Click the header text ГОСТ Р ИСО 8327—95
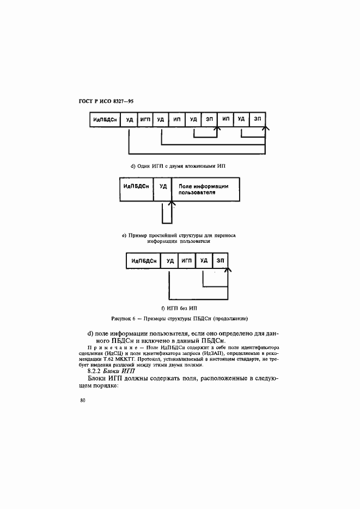[106, 101]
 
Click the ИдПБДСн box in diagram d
[105, 119]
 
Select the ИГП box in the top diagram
[145, 119]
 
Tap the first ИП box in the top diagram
[177, 119]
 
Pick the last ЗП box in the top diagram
[258, 119]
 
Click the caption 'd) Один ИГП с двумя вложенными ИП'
[178, 166]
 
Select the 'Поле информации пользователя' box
[206, 189]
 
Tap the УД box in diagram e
[163, 189]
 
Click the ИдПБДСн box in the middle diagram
[137, 189]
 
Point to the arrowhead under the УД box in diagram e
[172, 204]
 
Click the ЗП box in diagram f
[221, 261]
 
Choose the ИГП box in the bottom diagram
[187, 261]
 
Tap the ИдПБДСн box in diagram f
[143, 261]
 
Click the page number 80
[83, 401]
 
